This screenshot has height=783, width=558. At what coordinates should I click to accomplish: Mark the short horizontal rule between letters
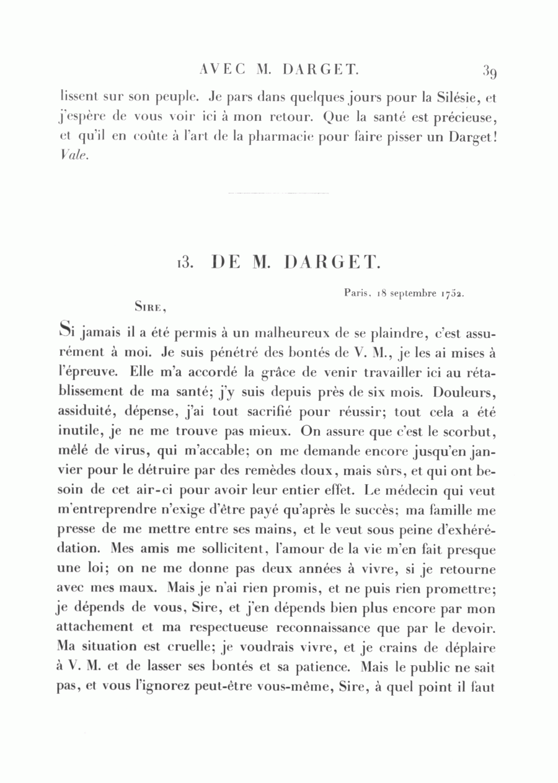click(278, 193)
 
